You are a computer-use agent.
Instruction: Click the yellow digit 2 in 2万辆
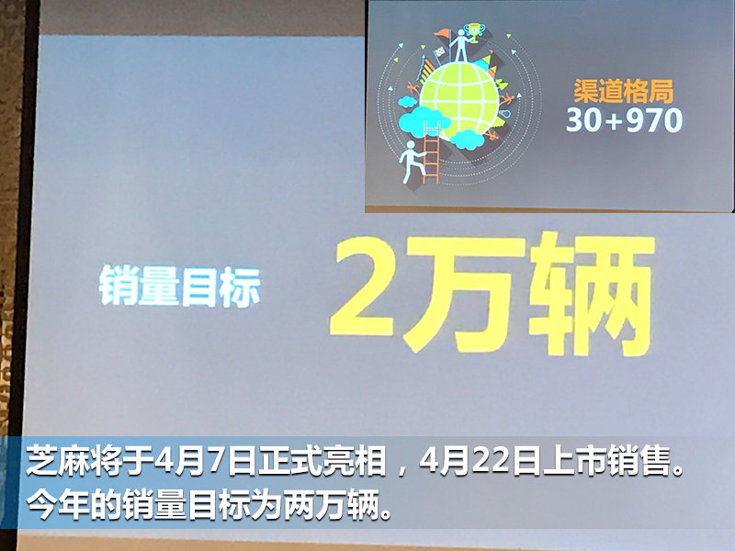(363, 287)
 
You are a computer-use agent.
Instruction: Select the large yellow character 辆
(592, 293)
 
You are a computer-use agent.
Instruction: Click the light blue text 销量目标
(179, 287)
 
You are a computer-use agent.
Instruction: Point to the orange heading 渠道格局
(624, 91)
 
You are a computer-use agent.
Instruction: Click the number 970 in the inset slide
(654, 120)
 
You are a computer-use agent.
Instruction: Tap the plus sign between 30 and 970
(613, 121)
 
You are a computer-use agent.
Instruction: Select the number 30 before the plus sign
(584, 120)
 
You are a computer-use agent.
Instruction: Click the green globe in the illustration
(460, 99)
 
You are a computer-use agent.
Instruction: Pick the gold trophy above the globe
(474, 33)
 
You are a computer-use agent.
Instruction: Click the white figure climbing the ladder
(411, 162)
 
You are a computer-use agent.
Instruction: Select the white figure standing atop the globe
(460, 46)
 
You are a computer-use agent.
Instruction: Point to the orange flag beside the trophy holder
(441, 34)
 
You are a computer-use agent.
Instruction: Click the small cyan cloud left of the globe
(407, 101)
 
